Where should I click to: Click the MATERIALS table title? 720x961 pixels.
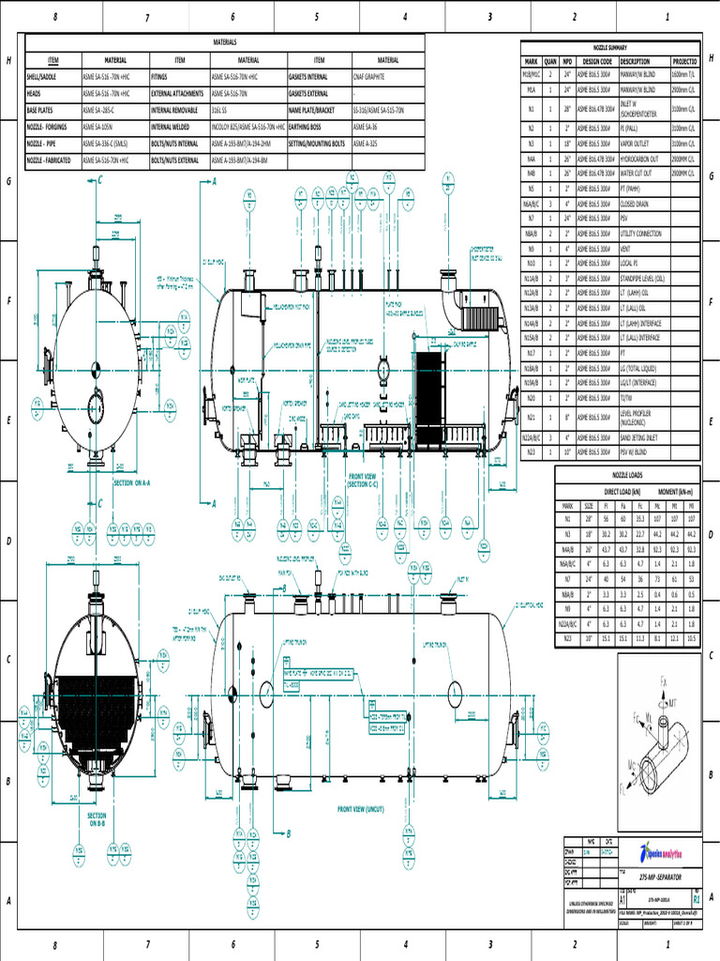click(x=225, y=42)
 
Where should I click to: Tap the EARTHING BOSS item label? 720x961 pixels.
click(x=309, y=127)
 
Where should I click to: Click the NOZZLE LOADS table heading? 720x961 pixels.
click(x=626, y=477)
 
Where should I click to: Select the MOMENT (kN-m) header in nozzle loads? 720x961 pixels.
click(x=673, y=491)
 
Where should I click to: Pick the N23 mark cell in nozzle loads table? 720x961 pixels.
click(x=567, y=638)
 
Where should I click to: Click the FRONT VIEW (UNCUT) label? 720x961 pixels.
click(x=361, y=808)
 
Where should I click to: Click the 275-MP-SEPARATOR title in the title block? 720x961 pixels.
click(x=660, y=876)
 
